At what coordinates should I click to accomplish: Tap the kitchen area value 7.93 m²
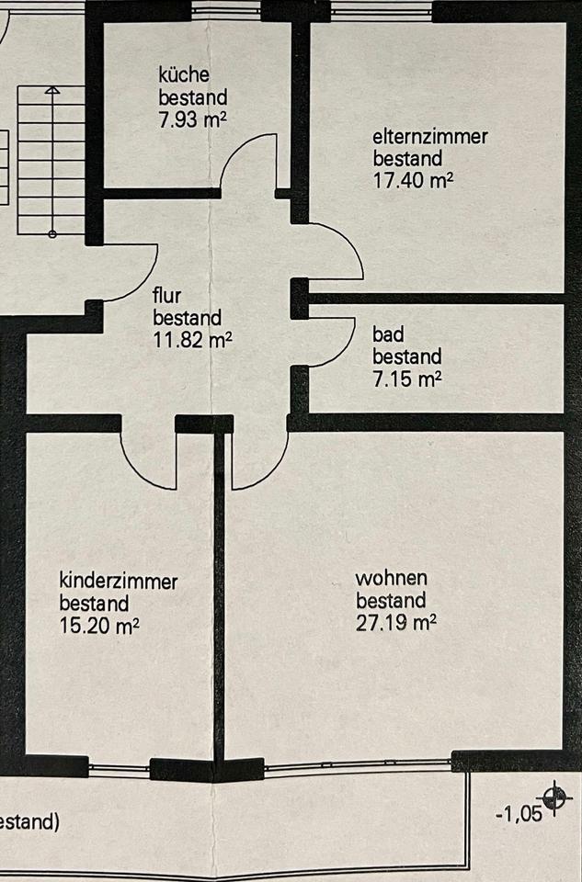tap(192, 118)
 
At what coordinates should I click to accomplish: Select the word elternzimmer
tap(429, 138)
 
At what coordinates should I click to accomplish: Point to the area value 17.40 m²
tap(413, 180)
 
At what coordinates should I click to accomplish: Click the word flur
tap(166, 297)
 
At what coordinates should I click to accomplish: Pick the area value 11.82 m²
tap(192, 339)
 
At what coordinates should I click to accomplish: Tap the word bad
tap(386, 334)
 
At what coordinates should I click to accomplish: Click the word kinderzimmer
tap(119, 581)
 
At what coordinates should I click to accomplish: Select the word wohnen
tap(392, 579)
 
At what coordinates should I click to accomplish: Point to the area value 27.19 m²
tap(395, 623)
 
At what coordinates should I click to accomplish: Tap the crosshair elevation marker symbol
tap(553, 797)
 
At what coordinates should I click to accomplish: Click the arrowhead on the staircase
tap(52, 91)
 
